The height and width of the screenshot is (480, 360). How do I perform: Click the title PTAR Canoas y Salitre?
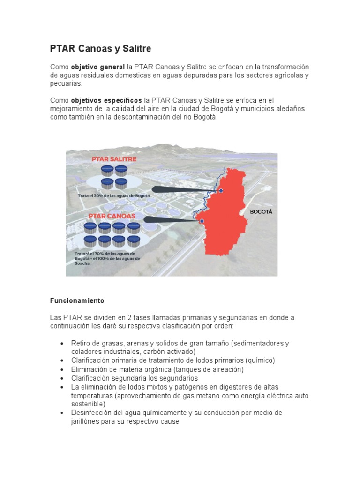(100, 49)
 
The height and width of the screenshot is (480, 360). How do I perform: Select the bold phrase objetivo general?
(97, 67)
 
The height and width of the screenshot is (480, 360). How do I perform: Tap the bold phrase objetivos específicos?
(106, 100)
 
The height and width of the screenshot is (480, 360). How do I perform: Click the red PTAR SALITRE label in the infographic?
(114, 159)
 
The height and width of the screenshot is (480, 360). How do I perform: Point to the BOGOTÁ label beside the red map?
(261, 211)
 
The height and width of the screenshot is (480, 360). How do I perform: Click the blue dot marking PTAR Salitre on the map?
(221, 191)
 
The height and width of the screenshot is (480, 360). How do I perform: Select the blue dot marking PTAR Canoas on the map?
(202, 221)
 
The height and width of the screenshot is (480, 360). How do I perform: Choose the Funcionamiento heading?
(77, 300)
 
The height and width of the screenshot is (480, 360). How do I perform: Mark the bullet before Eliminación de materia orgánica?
(62, 369)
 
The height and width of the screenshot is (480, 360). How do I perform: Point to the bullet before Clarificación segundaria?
(62, 378)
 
